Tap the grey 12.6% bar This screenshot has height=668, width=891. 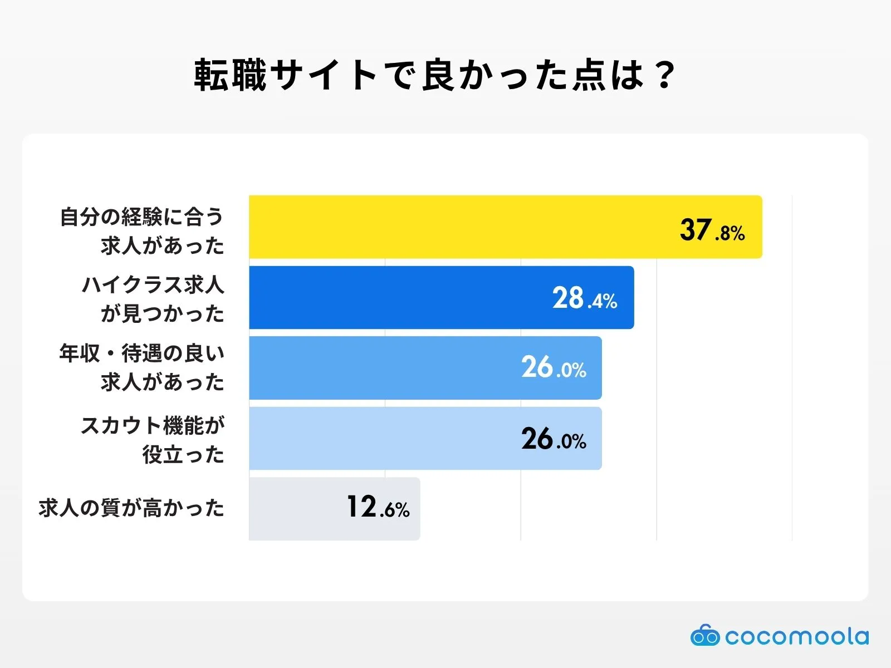pyautogui.click(x=295, y=508)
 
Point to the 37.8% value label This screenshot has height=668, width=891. pyautogui.click(x=712, y=230)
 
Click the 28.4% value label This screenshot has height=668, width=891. pyautogui.click(x=584, y=299)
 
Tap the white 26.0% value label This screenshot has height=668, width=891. pyautogui.click(x=554, y=368)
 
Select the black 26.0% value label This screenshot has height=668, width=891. pyautogui.click(x=554, y=439)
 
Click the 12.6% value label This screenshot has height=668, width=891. pyautogui.click(x=378, y=508)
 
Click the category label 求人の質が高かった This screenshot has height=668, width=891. pyautogui.click(x=131, y=508)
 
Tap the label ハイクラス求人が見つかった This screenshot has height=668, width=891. pyautogui.click(x=153, y=299)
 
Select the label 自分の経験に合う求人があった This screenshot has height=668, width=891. pyautogui.click(x=142, y=230)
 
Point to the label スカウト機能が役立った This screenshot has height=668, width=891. pyautogui.click(x=153, y=440)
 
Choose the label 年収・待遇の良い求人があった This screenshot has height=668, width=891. pyautogui.click(x=142, y=367)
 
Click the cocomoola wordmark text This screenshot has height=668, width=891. pyautogui.click(x=796, y=636)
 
